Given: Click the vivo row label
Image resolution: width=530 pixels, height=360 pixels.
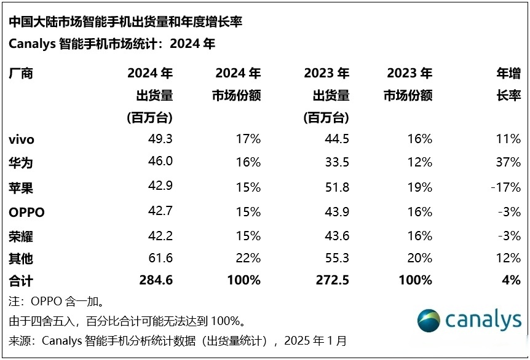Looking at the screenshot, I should tap(22, 139).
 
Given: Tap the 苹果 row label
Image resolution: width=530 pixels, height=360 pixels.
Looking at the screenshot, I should tap(21, 188).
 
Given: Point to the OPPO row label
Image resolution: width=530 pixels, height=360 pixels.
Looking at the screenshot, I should tap(26, 213).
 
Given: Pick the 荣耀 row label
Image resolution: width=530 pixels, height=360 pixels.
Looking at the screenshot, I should tap(21, 236).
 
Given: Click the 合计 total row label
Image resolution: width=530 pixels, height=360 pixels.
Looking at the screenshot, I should tap(21, 281).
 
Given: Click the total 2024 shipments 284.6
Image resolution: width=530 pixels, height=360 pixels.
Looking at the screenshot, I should tap(156, 281).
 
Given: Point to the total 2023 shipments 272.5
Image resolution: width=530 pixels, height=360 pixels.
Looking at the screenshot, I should tap(333, 281).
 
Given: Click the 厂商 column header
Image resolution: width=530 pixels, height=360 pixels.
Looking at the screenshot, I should tap(21, 74).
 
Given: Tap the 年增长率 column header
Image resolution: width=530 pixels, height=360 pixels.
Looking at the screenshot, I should tap(508, 85).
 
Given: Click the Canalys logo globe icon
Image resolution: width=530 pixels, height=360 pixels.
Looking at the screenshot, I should tap(428, 319).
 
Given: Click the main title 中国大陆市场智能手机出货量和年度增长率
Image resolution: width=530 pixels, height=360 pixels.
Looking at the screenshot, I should tap(125, 22).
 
